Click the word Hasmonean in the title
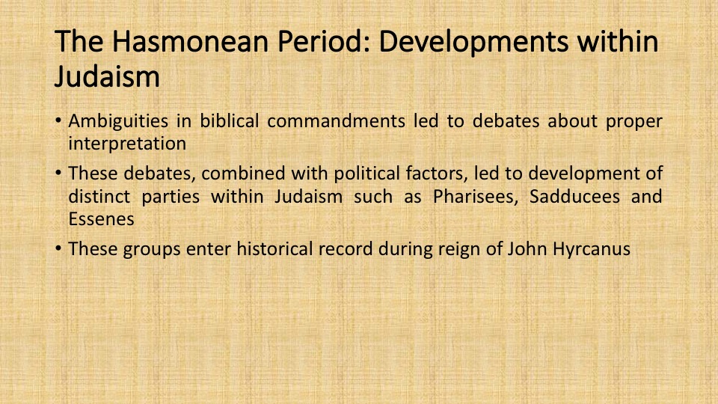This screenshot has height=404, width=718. click(190, 40)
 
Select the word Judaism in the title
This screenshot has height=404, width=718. click(107, 76)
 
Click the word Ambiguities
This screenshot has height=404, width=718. click(118, 121)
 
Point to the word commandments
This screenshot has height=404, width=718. click(336, 121)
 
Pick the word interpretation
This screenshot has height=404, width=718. click(127, 144)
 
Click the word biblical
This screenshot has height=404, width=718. click(230, 121)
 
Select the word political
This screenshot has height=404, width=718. click(366, 174)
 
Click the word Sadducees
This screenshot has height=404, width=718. click(574, 197)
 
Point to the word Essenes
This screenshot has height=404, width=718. click(101, 219)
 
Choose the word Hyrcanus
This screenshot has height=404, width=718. click(592, 249)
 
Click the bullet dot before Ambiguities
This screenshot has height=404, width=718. click(58, 121)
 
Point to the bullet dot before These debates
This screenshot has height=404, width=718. click(58, 174)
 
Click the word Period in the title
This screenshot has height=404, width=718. click(325, 40)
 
